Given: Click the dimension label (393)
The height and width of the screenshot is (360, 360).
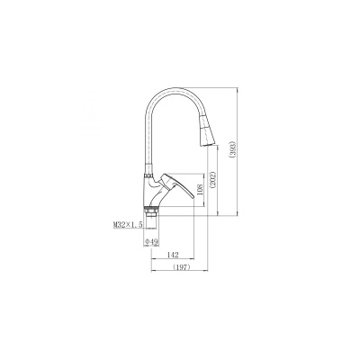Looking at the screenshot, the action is tap(233, 149).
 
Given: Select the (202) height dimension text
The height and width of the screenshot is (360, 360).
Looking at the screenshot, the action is tap(212, 180).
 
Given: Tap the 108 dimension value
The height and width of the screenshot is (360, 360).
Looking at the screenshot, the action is tap(201, 190).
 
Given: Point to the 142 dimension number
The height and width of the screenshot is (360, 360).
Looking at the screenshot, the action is tap(173, 255).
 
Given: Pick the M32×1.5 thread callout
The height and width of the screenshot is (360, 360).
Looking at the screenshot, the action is tap(128, 224).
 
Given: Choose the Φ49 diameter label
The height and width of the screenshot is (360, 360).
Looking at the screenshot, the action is tap(151, 241).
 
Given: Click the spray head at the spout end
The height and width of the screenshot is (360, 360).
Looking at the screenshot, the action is tap(207, 132).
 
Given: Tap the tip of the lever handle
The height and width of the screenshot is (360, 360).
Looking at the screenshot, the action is tap(193, 197).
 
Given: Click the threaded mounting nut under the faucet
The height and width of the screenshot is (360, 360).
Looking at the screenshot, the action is tap(150, 212).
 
